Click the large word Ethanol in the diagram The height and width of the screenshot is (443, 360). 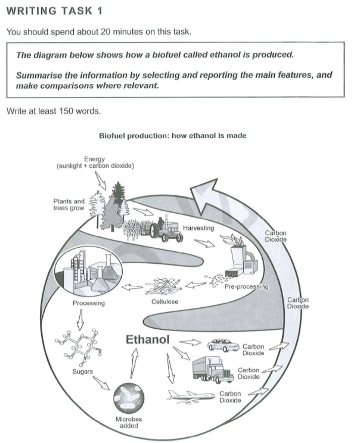(147, 339)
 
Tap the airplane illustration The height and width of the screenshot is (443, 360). (191, 397)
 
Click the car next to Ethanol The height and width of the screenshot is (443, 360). (223, 345)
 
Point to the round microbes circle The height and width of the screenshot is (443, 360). (129, 398)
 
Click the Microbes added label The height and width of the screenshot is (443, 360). (129, 422)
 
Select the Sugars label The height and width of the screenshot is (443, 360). (82, 372)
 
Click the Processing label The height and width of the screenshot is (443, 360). (89, 303)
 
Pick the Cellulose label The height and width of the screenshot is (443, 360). (165, 301)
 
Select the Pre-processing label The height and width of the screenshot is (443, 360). (246, 287)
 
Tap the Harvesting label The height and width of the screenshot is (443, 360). (198, 227)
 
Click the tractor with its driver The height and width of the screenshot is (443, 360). (166, 229)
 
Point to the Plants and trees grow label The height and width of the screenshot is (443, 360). (69, 205)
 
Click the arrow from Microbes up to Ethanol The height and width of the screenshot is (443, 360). (134, 363)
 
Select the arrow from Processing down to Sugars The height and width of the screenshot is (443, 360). (80, 320)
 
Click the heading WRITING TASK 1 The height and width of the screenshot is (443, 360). (54, 11)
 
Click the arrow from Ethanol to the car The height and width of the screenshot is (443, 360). (190, 342)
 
